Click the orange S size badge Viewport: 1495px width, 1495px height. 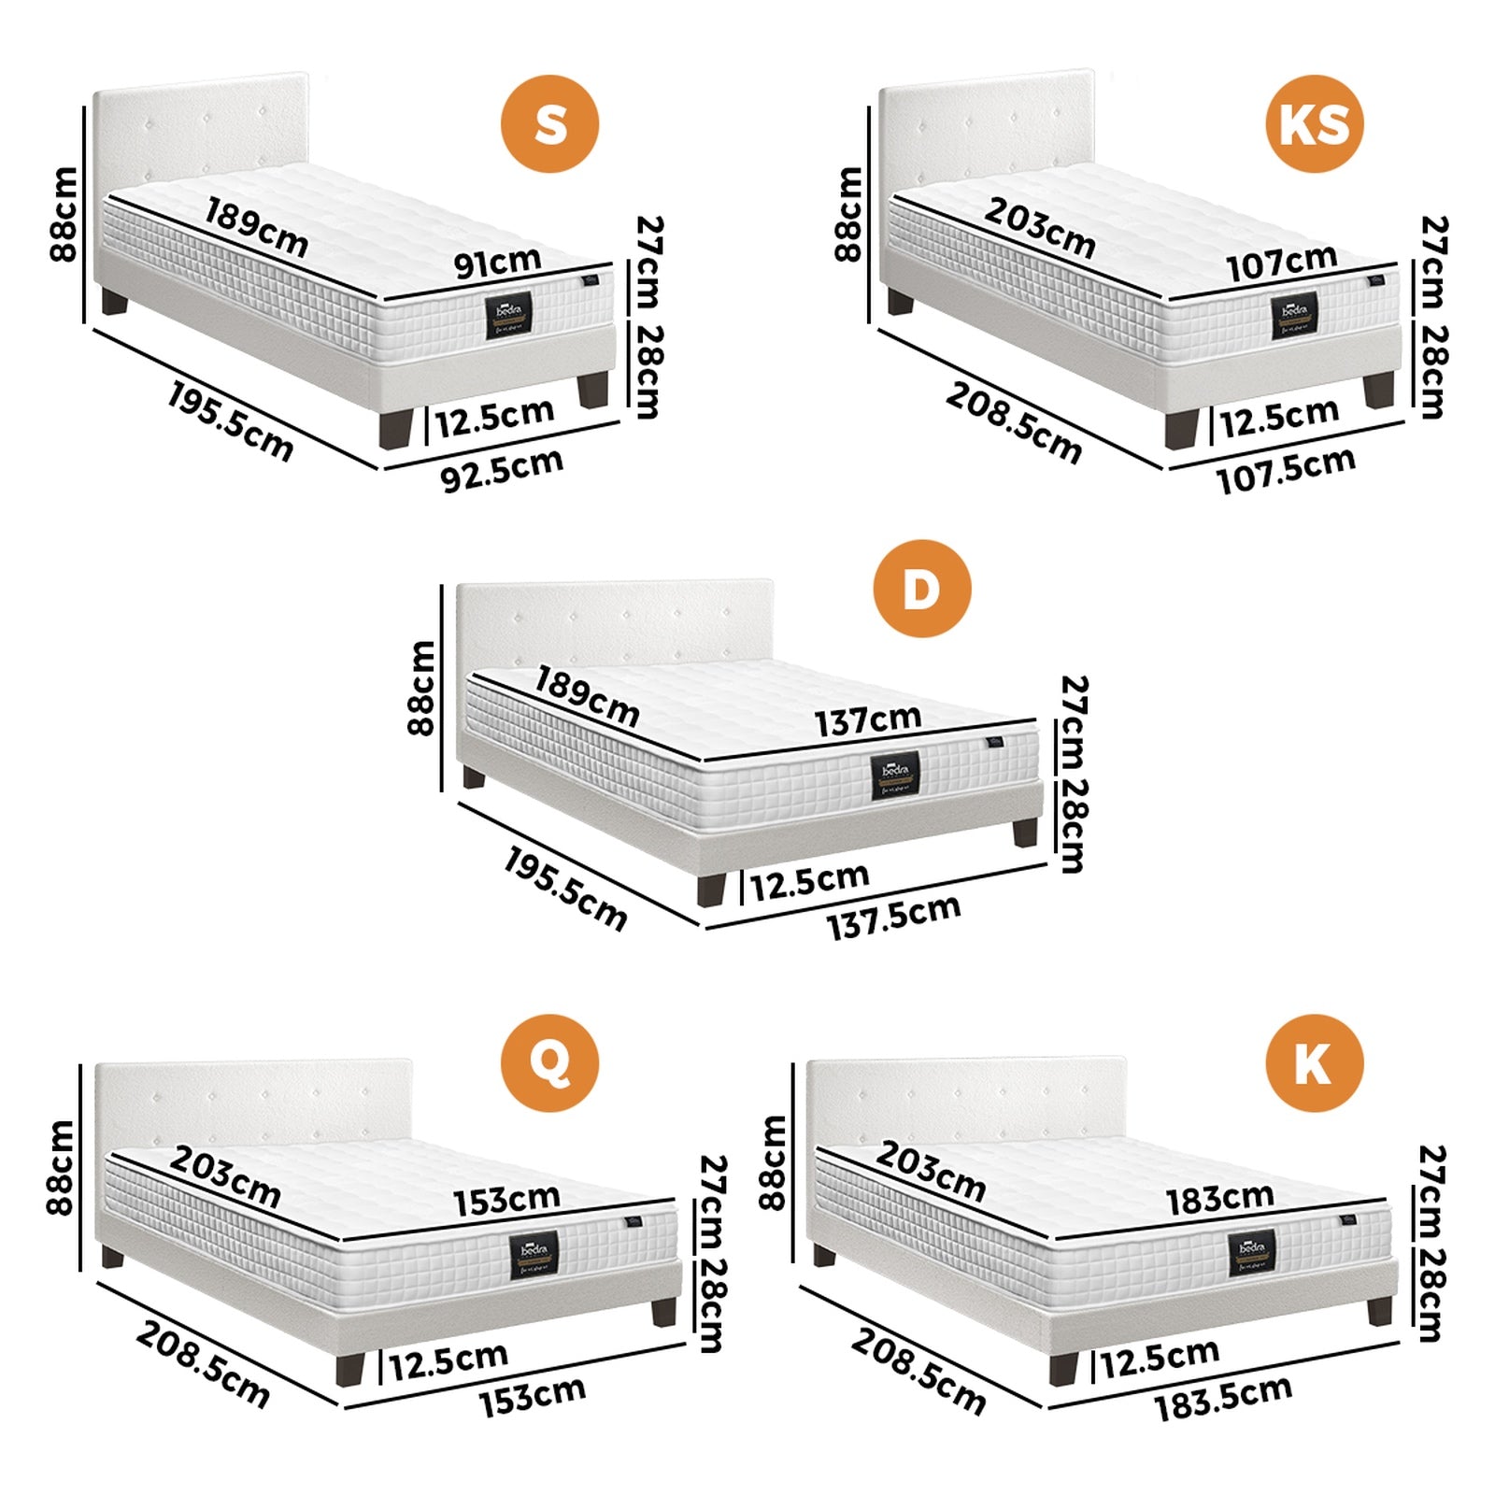[x=549, y=123]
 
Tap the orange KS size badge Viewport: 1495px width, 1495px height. [x=1314, y=123]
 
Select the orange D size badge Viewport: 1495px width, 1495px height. [x=921, y=589]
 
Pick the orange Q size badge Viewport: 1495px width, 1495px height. [x=549, y=1062]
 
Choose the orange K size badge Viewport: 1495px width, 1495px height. [x=1314, y=1062]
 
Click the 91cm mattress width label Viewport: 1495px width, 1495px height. [x=497, y=263]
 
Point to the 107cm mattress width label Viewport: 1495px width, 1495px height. [x=1281, y=263]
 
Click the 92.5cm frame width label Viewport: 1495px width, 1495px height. [x=502, y=470]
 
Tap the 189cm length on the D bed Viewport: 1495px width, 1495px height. [x=587, y=696]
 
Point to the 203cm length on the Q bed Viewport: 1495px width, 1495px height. [x=225, y=1176]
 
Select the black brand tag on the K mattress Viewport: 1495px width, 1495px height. [x=1251, y=1253]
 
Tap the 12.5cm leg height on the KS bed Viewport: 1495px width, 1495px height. [x=1278, y=418]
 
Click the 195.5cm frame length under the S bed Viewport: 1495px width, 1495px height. [x=230, y=422]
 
